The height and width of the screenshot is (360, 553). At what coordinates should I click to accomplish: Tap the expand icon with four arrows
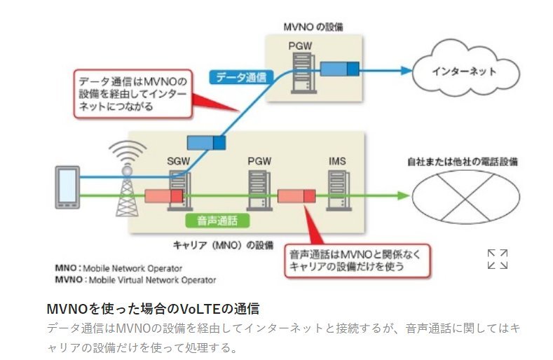498,258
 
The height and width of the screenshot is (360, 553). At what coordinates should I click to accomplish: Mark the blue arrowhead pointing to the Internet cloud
405,69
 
